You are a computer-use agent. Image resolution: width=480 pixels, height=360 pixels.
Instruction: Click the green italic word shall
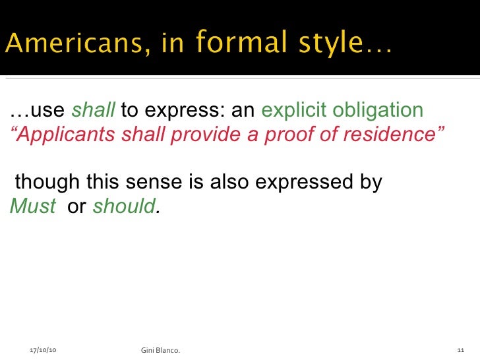click(92, 111)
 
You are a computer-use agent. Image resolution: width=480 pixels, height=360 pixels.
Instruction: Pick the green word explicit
click(295, 111)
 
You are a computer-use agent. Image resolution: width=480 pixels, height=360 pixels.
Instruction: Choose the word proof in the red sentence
click(289, 135)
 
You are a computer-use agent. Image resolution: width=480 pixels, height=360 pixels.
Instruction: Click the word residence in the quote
click(394, 135)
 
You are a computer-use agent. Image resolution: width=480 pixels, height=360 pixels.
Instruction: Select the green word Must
click(33, 206)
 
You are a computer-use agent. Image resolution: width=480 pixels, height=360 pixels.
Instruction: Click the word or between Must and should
click(77, 206)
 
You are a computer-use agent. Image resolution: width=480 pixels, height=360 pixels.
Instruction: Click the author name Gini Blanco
click(161, 349)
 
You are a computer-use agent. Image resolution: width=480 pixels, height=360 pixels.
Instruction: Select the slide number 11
click(461, 349)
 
